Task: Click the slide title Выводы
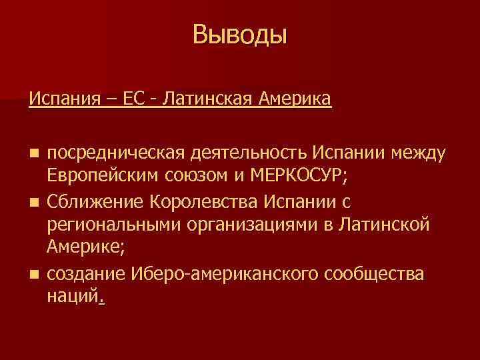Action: pos(240,35)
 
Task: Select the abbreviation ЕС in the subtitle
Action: pos(128,100)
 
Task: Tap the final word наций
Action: pos(73,296)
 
